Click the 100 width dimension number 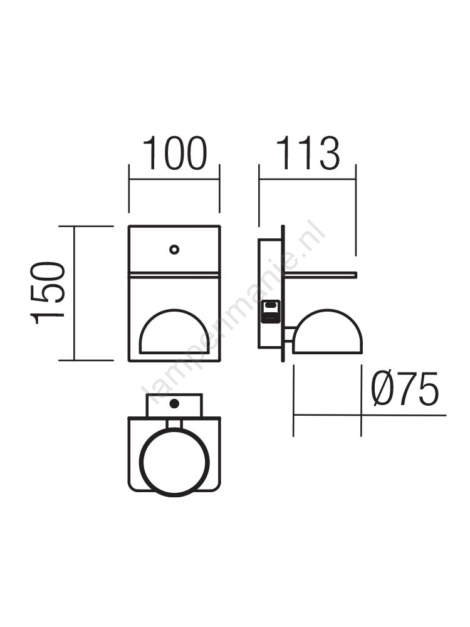pyautogui.click(x=175, y=153)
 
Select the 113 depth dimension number pyautogui.click(x=308, y=153)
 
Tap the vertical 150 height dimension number pyautogui.click(x=48, y=293)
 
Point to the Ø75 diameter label pyautogui.click(x=405, y=389)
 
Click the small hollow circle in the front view pyautogui.click(x=174, y=250)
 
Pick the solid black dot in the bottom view pyautogui.click(x=174, y=403)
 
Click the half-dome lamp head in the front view pyautogui.click(x=174, y=332)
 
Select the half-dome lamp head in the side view pyautogui.click(x=327, y=332)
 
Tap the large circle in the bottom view pyautogui.click(x=175, y=462)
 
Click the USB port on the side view pyautogui.click(x=271, y=312)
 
